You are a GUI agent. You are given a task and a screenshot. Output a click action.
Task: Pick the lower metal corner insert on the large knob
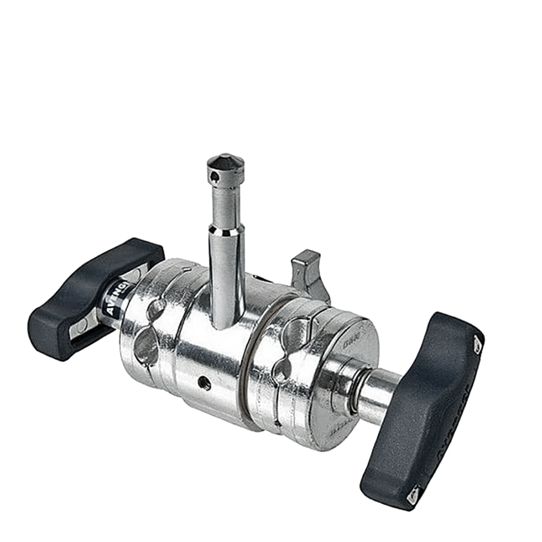412,493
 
